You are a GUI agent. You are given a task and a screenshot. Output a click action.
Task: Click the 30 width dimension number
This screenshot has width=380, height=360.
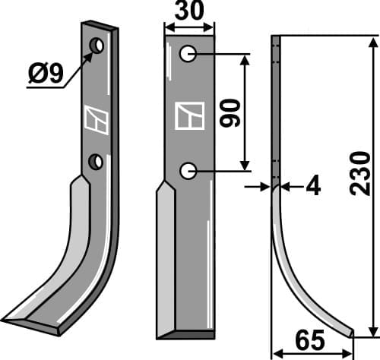click(188, 14)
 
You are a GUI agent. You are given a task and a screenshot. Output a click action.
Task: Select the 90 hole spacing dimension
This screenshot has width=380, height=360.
click(233, 112)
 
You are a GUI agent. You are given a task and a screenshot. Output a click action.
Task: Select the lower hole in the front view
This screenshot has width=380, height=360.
click(188, 171)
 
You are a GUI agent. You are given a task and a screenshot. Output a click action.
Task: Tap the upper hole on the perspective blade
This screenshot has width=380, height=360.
click(97, 47)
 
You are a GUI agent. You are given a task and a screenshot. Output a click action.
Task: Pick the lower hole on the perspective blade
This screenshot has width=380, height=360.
click(96, 161)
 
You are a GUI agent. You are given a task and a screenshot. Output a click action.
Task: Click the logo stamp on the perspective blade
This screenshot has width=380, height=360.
click(97, 118)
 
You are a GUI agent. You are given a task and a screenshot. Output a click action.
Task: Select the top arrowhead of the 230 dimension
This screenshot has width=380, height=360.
click(370, 39)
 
